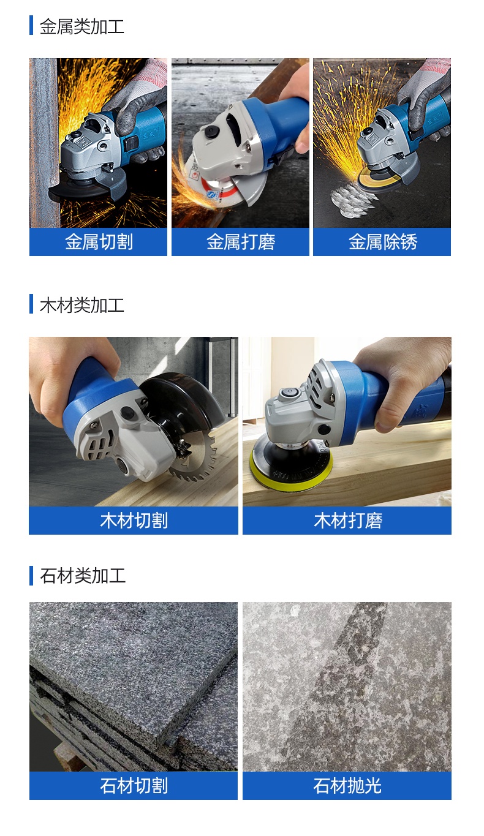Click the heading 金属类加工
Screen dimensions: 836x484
coord(81,27)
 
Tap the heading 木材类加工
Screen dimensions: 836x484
coord(81,305)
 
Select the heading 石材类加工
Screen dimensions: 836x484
coord(82,576)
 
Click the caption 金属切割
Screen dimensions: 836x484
coord(99,242)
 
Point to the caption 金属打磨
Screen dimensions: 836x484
coord(240,242)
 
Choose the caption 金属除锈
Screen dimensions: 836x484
coord(382,242)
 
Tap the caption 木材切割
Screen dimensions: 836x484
coord(134,521)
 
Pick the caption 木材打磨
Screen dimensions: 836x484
coord(347,521)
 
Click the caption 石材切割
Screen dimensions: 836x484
coord(134,786)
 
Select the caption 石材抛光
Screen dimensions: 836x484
coord(347,786)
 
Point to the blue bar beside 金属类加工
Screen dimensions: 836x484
coord(31,26)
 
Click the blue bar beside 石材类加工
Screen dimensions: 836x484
coord(31,576)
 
